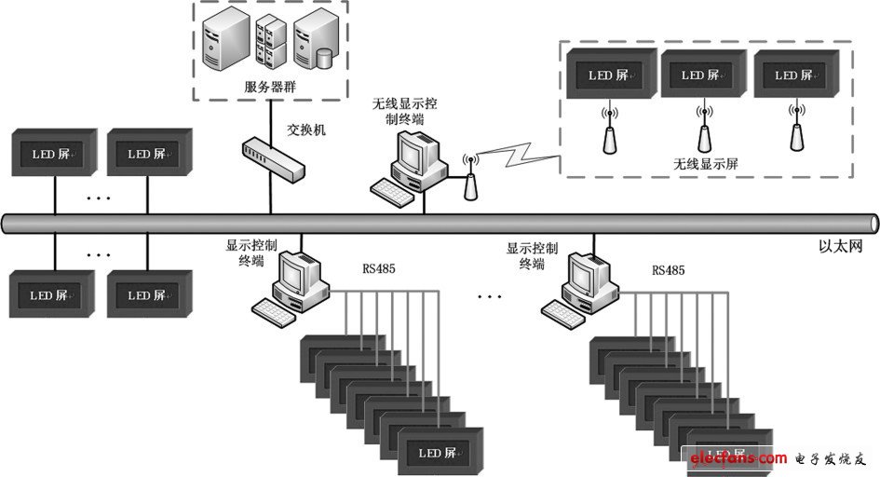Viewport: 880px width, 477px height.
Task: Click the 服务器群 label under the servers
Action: pyautogui.click(x=270, y=87)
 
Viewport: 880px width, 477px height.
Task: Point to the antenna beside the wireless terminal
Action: pyautogui.click(x=471, y=179)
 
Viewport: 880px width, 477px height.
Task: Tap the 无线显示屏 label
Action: pyautogui.click(x=706, y=163)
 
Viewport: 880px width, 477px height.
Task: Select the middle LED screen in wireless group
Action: pyautogui.click(x=703, y=75)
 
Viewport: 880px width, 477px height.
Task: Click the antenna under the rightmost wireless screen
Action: pyautogui.click(x=796, y=129)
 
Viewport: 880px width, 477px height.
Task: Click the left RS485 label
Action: pyautogui.click(x=379, y=270)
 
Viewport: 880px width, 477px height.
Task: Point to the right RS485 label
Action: pyautogui.click(x=669, y=270)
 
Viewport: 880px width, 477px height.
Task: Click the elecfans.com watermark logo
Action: pyautogui.click(x=735, y=458)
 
